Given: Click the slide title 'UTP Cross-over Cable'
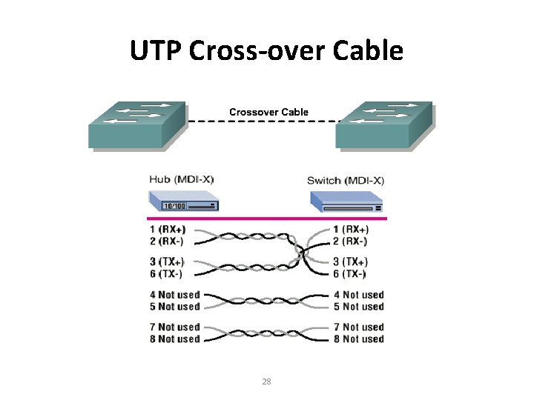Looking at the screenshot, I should tap(266, 51).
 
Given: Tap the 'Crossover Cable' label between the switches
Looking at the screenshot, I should tap(268, 112).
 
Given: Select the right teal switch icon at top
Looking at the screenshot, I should tap(383, 124).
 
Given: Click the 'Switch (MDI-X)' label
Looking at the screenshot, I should tap(346, 180).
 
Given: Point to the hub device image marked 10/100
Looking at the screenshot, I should tap(184, 201).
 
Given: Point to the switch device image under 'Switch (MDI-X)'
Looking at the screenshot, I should tap(346, 202).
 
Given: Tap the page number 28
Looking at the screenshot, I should tap(267, 381).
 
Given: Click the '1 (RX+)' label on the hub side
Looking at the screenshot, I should tap(168, 229).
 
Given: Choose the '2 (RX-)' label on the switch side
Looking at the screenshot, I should tap(349, 241).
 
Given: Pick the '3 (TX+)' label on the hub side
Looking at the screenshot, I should tap(168, 261).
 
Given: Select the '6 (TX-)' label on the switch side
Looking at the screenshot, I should tap(349, 273).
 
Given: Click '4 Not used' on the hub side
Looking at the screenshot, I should tap(174, 295).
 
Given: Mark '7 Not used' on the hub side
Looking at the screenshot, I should tap(174, 327).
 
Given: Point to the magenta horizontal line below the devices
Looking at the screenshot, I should tap(267, 219).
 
